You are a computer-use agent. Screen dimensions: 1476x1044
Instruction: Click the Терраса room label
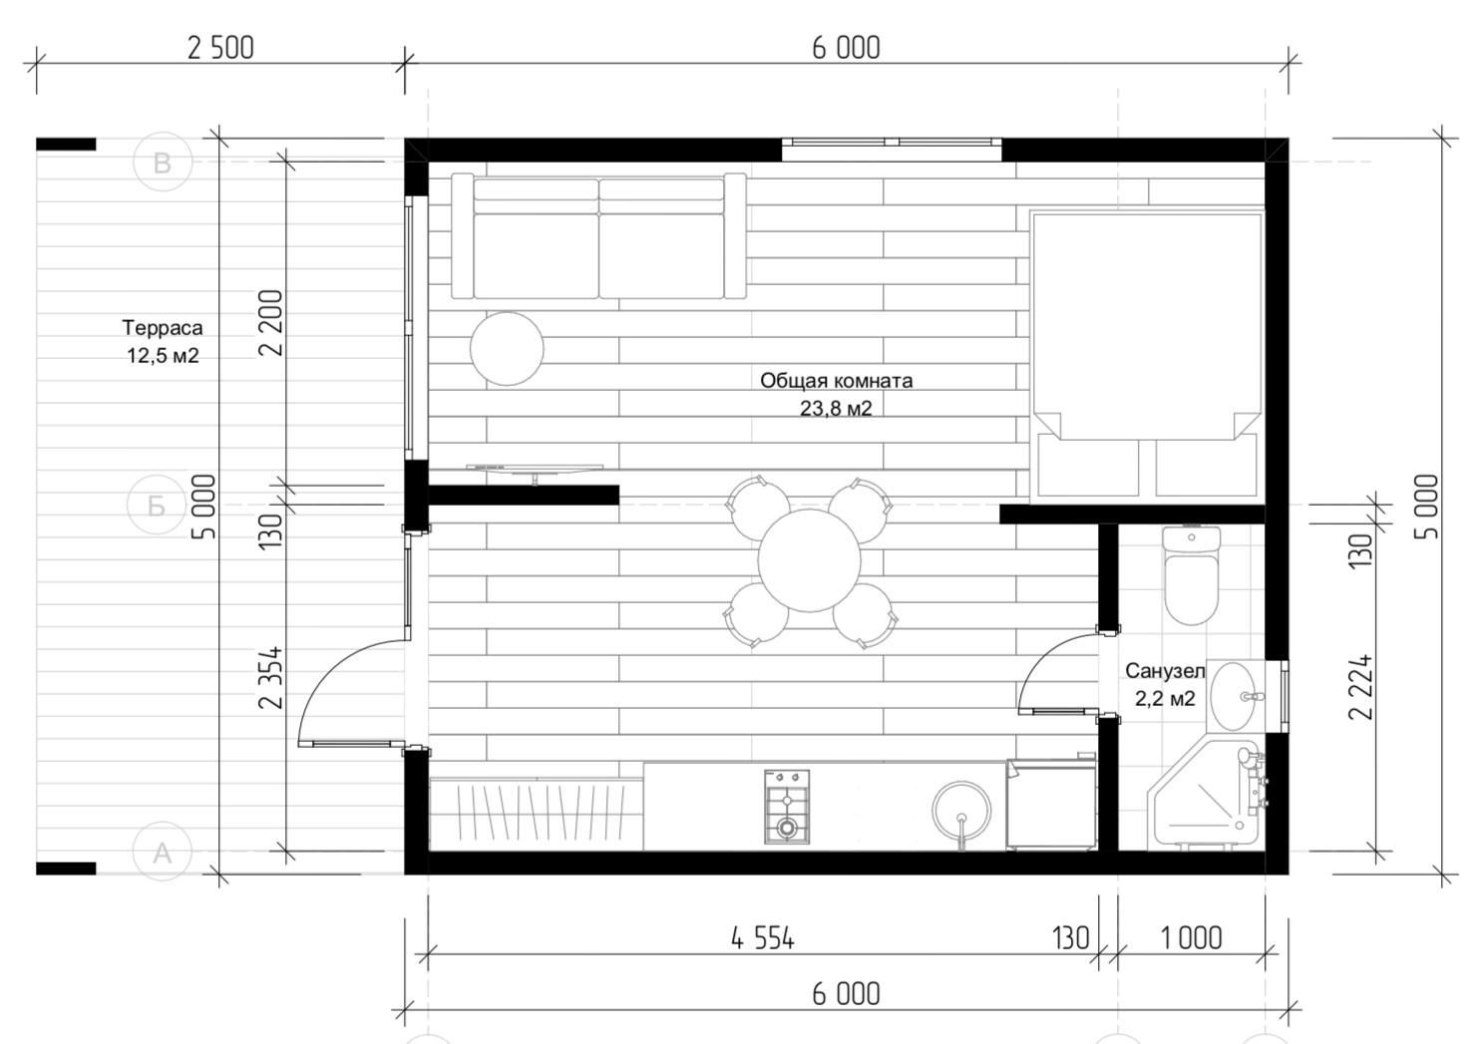point(163,327)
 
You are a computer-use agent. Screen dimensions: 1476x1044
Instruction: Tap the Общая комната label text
point(836,381)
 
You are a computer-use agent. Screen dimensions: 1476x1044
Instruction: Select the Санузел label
point(1164,670)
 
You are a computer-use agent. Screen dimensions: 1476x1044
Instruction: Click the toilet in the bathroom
point(1192,574)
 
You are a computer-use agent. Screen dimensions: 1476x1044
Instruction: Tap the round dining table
point(809,560)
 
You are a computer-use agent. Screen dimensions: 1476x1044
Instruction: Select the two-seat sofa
point(599,236)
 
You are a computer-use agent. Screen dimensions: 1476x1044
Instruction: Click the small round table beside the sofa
point(507,348)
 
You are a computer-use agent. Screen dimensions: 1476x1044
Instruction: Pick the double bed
point(1147,354)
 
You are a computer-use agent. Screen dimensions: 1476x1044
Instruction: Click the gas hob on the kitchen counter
point(786,807)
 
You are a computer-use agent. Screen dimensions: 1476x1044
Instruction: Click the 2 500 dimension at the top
point(220,48)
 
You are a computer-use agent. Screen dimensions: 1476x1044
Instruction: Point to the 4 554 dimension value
point(763,938)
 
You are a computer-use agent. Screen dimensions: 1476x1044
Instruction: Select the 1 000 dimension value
point(1192,938)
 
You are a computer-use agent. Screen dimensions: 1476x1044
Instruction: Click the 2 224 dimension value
point(1361,687)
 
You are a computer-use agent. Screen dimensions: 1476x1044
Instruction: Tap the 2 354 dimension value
point(271,677)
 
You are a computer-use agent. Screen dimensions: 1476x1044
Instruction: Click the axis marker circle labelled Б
point(157,506)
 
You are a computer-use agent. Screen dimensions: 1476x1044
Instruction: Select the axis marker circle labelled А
point(163,851)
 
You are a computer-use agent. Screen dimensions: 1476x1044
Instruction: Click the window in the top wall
point(892,150)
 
